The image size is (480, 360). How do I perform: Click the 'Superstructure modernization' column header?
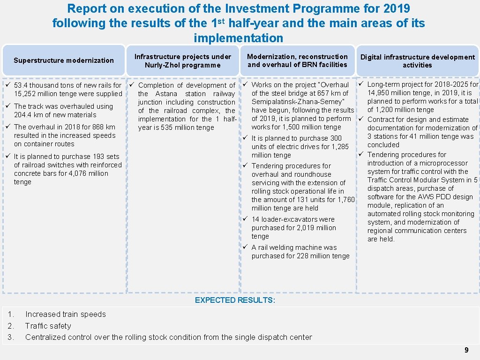[64, 60]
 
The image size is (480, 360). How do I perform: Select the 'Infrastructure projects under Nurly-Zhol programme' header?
[183, 61]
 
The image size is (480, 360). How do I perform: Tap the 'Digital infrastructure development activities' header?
[417, 61]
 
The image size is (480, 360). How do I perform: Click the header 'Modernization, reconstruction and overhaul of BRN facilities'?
[297, 60]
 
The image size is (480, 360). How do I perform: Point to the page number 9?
[466, 350]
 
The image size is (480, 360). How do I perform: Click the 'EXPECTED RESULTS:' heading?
[235, 300]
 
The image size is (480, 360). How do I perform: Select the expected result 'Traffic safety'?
[48, 326]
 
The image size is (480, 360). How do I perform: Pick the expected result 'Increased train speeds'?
[66, 314]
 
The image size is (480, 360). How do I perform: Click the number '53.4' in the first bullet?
[22, 85]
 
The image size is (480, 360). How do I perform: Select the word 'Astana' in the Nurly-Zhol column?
[166, 94]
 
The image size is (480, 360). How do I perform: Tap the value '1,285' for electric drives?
[339, 147]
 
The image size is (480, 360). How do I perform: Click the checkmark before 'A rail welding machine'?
[245, 247]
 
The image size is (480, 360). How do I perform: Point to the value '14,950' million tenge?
[379, 93]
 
